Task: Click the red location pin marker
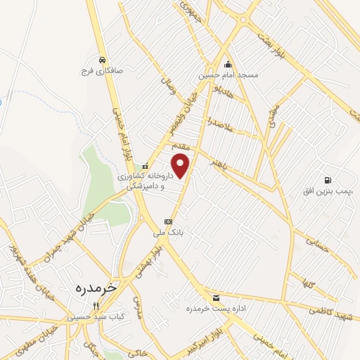point(181,167)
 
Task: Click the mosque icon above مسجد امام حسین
point(227,66)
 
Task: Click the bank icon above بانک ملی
point(167,221)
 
